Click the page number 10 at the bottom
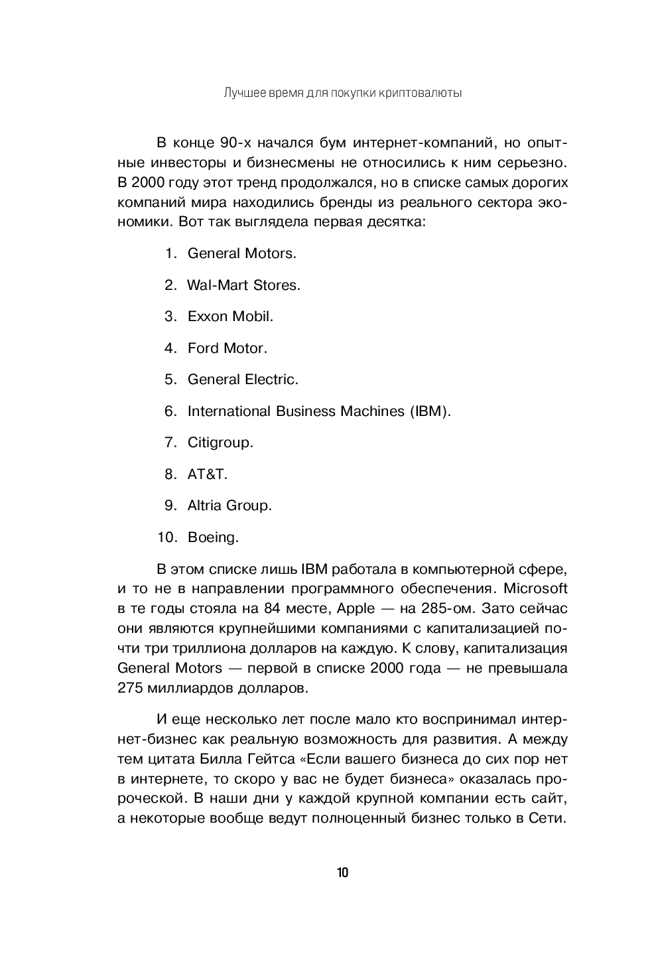[342, 872]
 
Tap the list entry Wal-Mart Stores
[243, 285]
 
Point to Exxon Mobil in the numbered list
[230, 316]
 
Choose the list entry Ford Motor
[227, 348]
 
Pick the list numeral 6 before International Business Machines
[170, 411]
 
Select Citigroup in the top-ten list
[220, 443]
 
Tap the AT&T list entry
[208, 474]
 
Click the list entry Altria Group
[229, 506]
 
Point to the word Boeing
[213, 537]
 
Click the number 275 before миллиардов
[130, 687]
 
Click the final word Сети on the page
[547, 818]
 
